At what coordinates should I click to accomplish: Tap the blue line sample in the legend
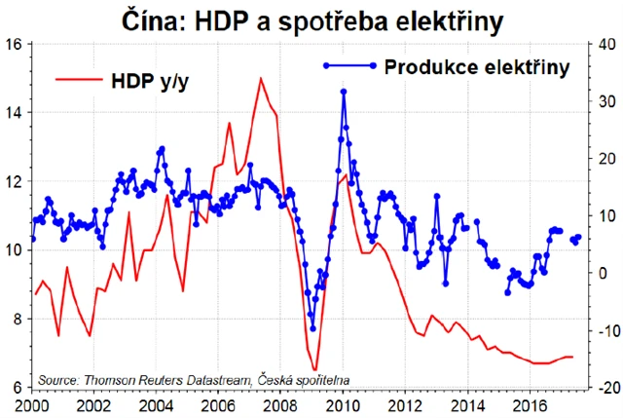point(347,66)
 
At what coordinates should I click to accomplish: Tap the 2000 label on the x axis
point(32,403)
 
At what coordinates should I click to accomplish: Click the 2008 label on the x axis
point(281,403)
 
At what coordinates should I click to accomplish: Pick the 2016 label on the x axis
point(530,403)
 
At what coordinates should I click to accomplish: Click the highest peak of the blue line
point(344,91)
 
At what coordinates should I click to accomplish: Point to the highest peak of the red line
point(260,78)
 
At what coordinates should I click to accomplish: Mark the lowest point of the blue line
point(312,328)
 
